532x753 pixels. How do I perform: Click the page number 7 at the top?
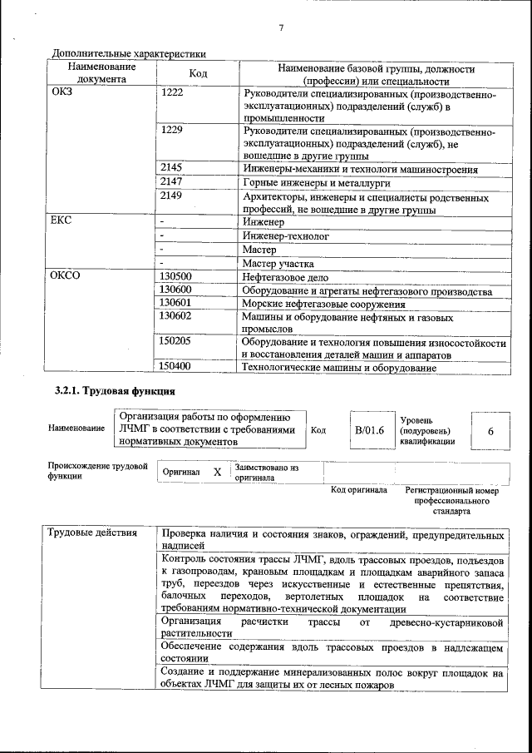tap(282, 28)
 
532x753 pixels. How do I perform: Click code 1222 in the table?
tap(171, 93)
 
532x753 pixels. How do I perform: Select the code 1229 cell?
tap(171, 131)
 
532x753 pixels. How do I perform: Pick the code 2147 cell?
tap(171, 182)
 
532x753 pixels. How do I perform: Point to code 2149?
tap(171, 197)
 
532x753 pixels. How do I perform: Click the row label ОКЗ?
tap(62, 93)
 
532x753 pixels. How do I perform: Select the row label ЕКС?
tap(62, 222)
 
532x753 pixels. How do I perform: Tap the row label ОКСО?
tap(66, 276)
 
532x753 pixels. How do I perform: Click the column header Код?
tap(198, 74)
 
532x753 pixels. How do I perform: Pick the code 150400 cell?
tap(175, 366)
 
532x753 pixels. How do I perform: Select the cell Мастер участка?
tap(278, 263)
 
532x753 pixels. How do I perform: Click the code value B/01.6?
tap(370, 430)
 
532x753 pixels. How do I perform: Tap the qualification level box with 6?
tap(490, 431)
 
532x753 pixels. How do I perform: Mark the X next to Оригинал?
tap(217, 472)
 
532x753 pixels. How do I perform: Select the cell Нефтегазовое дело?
tap(285, 277)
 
